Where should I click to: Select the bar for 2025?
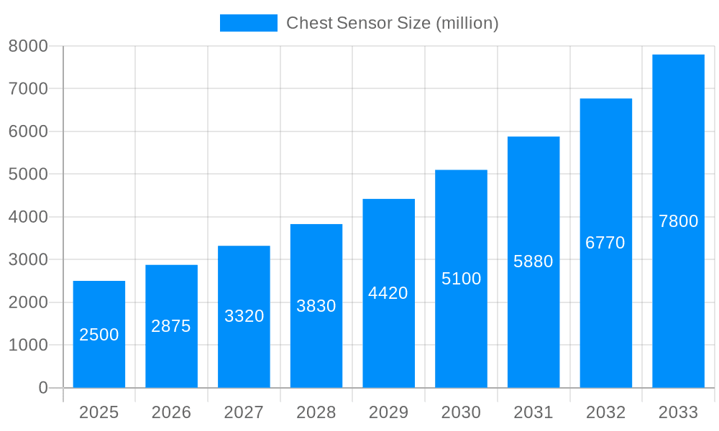(99, 334)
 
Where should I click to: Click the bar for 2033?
(678, 221)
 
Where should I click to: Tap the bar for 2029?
(388, 293)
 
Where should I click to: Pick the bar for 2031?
(533, 262)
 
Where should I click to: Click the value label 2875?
(171, 326)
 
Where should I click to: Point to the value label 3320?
(244, 316)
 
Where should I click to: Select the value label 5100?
(461, 279)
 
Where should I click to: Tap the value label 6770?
(605, 243)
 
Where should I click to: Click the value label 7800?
(678, 221)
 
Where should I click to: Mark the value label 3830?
(316, 306)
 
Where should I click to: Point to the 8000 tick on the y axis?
(28, 46)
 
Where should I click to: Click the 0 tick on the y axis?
(42, 388)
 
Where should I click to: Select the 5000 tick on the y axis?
(28, 175)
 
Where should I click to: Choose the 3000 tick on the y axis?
(28, 259)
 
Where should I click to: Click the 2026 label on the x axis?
(171, 412)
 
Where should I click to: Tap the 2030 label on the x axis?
(461, 412)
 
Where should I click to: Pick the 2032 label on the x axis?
(605, 412)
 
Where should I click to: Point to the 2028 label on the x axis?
(316, 412)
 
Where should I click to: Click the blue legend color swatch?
(248, 23)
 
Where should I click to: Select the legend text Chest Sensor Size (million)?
(392, 23)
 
